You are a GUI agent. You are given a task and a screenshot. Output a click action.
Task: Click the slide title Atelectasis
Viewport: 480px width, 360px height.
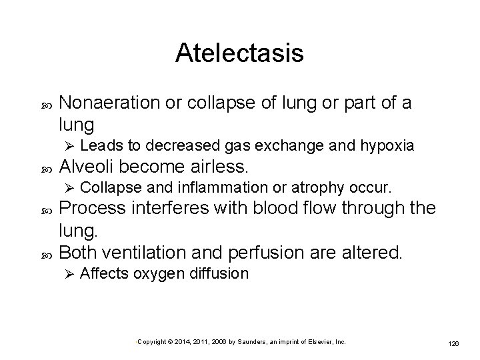coord(239,53)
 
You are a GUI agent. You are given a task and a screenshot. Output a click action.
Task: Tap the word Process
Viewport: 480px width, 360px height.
coord(92,208)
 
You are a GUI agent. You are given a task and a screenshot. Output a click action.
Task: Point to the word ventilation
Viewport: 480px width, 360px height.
coord(147,252)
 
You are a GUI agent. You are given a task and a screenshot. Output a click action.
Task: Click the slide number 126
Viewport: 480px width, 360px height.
coord(454,343)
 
